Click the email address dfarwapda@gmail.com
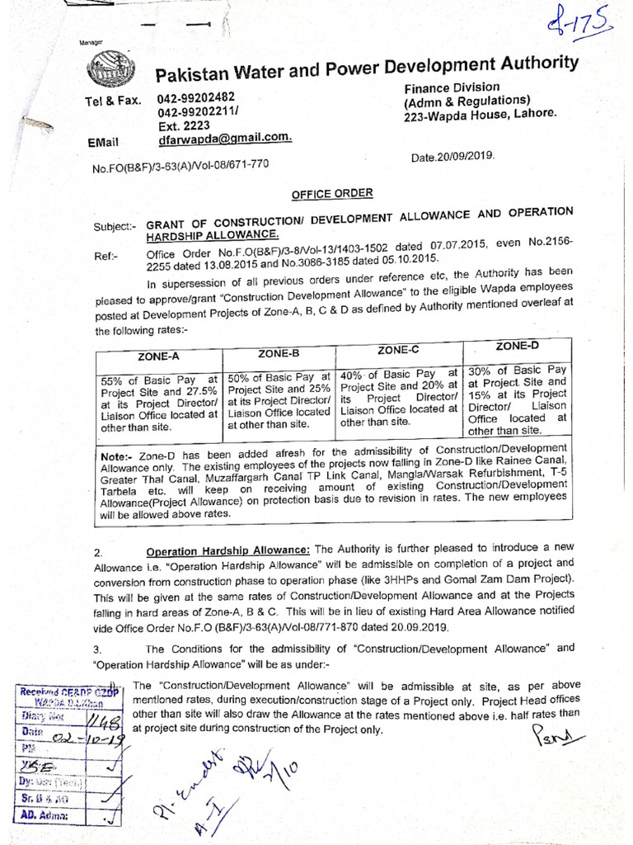[224, 139]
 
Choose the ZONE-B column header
[278, 353]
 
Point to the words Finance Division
[451, 87]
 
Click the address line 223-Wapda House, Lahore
[480, 116]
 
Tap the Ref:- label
[106, 256]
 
